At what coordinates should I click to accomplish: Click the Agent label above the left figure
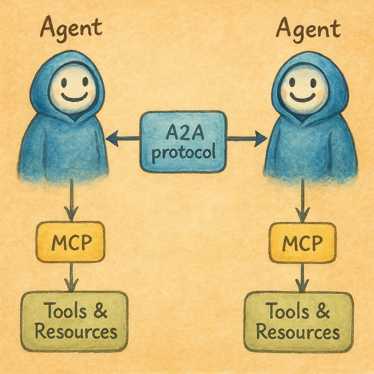pyautogui.click(x=71, y=28)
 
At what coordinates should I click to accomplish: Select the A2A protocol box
pyautogui.click(x=183, y=141)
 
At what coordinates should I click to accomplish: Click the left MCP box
pyautogui.click(x=70, y=241)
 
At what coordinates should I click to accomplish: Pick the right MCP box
pyautogui.click(x=302, y=242)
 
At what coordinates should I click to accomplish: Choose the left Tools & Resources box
pyautogui.click(x=75, y=321)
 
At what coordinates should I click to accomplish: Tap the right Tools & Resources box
pyautogui.click(x=298, y=322)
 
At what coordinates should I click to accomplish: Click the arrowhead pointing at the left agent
pyautogui.click(x=111, y=138)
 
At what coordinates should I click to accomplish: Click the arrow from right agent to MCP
pyautogui.click(x=302, y=201)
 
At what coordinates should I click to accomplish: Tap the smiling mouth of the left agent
pyautogui.click(x=74, y=98)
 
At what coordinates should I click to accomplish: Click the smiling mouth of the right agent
pyautogui.click(x=303, y=98)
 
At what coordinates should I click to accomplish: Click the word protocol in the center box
pyautogui.click(x=183, y=152)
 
